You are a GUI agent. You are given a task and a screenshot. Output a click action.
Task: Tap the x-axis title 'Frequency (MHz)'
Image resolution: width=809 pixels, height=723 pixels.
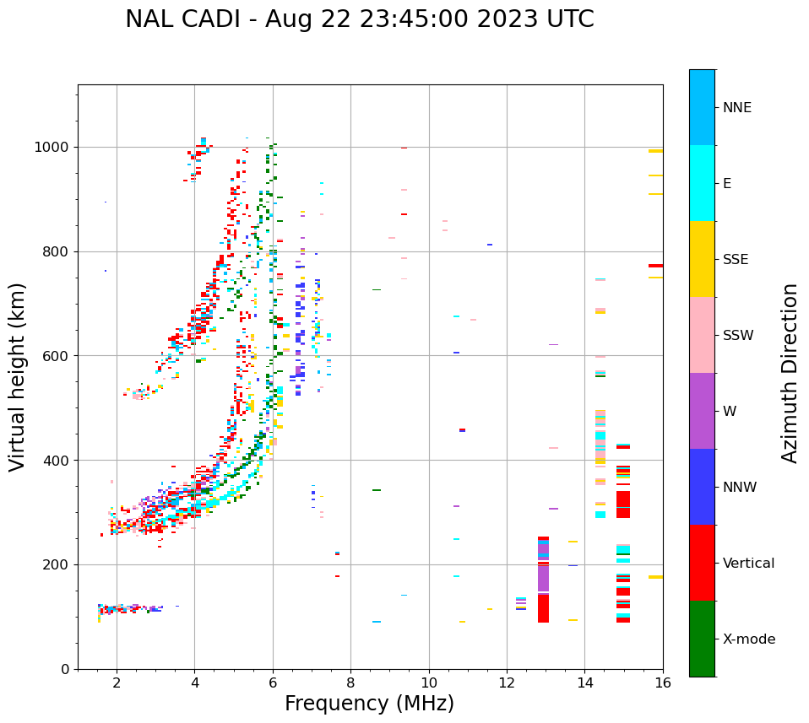pos(369,704)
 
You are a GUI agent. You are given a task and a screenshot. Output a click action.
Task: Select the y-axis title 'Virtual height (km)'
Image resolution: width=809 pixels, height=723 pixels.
pos(18,376)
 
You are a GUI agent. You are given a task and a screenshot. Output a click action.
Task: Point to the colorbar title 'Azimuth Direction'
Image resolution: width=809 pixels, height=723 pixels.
pos(790,373)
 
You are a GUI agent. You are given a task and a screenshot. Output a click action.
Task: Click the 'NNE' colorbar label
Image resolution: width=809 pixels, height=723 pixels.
pos(736,108)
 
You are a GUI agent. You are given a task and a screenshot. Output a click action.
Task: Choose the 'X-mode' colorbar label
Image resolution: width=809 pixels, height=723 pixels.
pos(748,639)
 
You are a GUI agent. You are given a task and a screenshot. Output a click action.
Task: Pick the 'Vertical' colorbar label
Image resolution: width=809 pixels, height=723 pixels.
pos(748,564)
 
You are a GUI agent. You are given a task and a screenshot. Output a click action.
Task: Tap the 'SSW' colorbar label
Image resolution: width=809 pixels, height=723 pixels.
pos(737,336)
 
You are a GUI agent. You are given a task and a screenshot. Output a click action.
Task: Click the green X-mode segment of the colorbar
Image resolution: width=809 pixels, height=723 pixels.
pos(702,639)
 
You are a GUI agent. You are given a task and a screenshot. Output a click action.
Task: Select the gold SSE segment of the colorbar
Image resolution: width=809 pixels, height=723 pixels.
pos(702,259)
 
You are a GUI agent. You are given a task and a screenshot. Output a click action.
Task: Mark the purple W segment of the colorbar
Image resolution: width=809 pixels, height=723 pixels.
pos(702,411)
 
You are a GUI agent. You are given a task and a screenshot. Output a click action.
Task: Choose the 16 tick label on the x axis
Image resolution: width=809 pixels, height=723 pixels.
pos(662,683)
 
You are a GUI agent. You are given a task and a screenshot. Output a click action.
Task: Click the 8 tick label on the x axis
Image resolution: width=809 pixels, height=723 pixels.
pos(350,683)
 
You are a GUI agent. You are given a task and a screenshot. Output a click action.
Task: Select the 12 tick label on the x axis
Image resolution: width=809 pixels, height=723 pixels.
pos(507,683)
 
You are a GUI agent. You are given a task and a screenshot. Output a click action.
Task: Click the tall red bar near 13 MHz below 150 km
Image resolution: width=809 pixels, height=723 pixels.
pos(543,608)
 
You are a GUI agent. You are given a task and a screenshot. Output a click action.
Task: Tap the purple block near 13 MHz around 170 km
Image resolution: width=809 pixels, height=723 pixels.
pos(543,578)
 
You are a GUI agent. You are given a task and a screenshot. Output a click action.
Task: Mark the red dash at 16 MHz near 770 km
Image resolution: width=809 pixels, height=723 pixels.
pos(655,266)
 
